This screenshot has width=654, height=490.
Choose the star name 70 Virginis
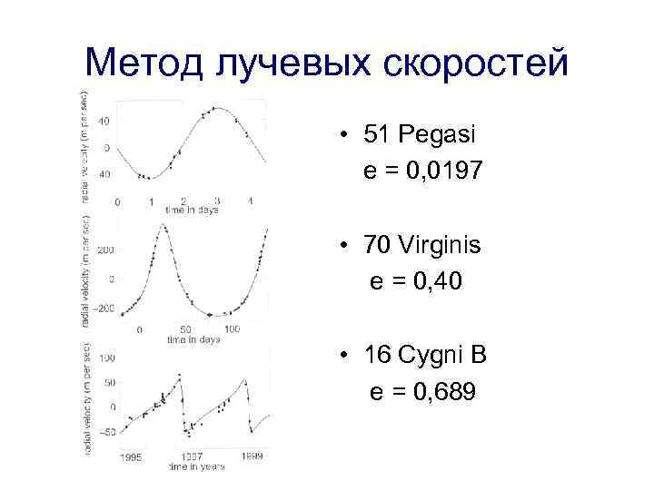click(x=423, y=246)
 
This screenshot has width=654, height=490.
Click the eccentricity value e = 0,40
click(x=416, y=283)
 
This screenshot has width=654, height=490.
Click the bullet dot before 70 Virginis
click(x=348, y=247)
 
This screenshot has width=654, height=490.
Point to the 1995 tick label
click(x=131, y=457)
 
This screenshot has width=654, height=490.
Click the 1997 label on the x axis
click(x=192, y=457)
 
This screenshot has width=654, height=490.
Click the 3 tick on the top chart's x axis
click(x=216, y=201)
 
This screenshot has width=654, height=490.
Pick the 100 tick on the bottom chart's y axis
click(x=107, y=359)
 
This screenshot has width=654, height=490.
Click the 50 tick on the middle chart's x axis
click(x=184, y=328)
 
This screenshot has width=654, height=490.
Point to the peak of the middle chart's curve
click(x=163, y=225)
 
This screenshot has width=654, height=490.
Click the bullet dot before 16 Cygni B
click(x=348, y=356)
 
